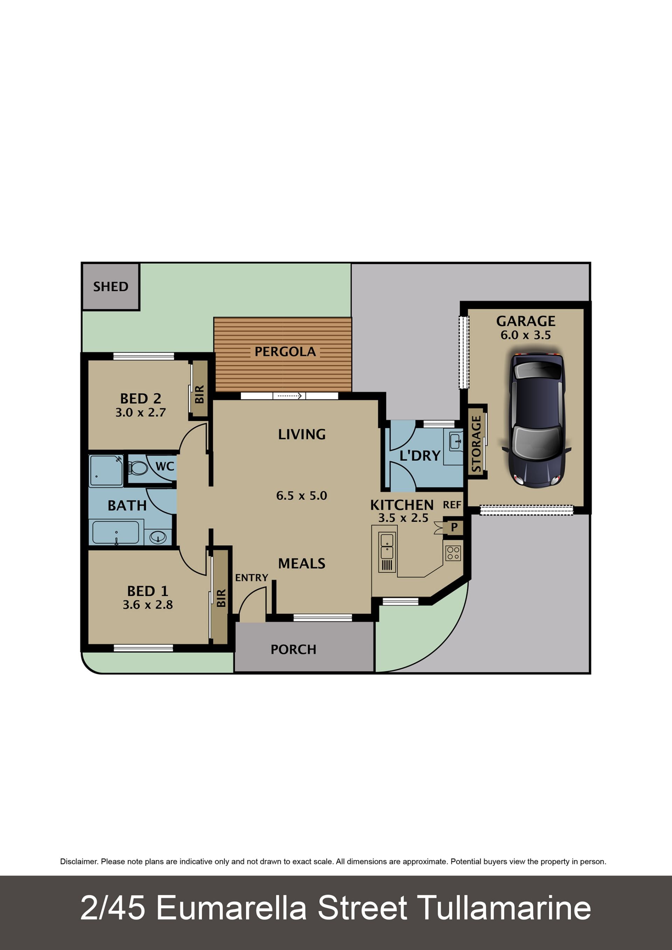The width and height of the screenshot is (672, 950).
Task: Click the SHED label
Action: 111,286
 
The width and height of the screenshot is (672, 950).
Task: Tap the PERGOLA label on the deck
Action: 285,352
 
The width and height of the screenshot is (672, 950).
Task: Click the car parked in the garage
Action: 537,420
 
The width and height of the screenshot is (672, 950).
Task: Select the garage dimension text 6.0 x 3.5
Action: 525,335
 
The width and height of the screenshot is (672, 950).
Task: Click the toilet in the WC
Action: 138,468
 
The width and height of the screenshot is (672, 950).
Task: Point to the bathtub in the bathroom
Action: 116,532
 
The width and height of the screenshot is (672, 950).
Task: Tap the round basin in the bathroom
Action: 157,537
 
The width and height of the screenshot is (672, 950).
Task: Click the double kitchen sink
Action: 387,546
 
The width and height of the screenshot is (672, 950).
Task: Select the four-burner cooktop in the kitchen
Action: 453,553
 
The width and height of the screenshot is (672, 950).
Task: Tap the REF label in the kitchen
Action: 452,505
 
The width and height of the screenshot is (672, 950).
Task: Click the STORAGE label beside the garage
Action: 477,444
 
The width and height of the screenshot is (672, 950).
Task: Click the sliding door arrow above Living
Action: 290,396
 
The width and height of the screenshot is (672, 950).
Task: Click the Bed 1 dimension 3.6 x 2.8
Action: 148,605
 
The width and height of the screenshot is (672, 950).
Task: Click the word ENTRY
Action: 252,578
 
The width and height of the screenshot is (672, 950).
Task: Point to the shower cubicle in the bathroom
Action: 106,471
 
